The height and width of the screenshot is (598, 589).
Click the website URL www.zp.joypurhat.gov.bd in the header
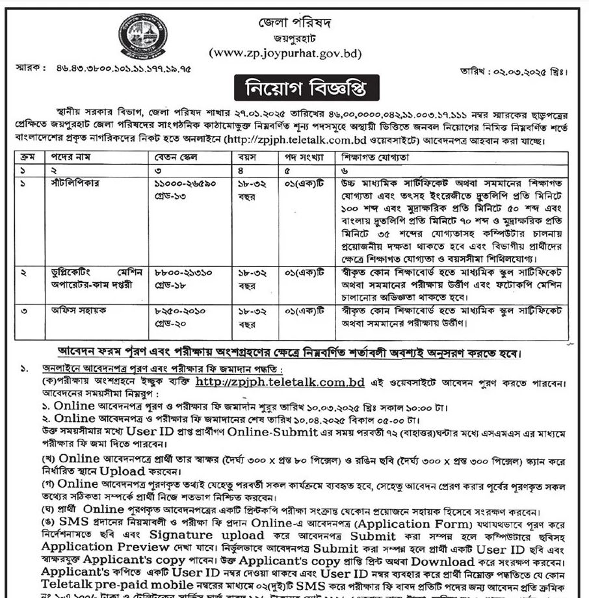pos(285,53)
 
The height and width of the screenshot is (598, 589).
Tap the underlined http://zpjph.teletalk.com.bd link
pos(280,382)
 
